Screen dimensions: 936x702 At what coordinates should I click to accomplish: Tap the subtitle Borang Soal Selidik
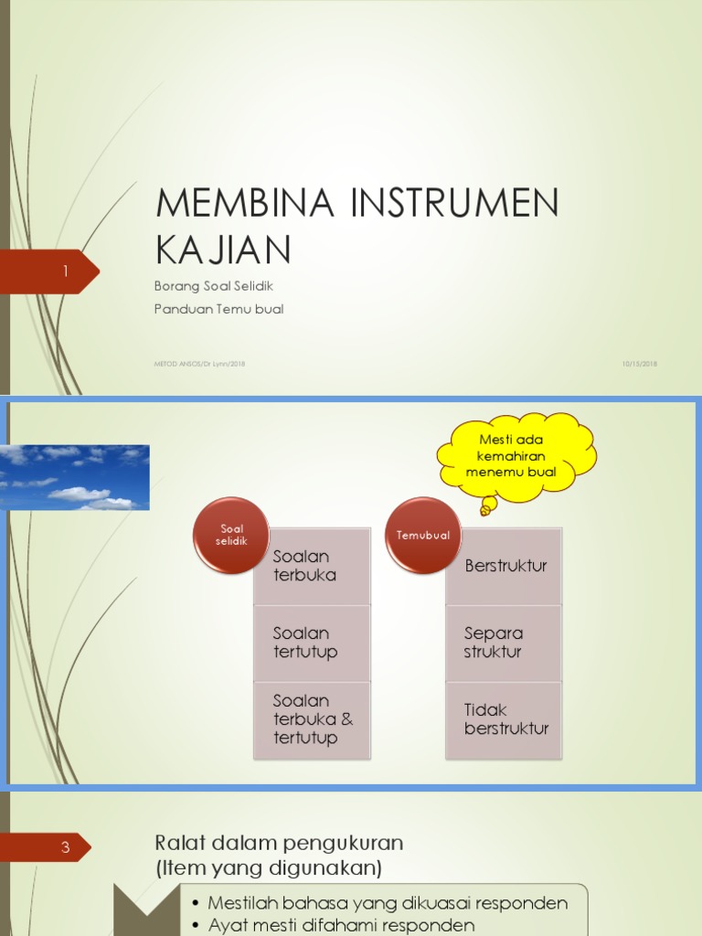click(214, 286)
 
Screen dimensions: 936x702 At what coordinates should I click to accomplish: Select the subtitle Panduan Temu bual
click(219, 309)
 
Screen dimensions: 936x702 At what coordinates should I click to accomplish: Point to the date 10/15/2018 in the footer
click(639, 364)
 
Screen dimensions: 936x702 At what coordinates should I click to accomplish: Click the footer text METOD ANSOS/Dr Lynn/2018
click(199, 364)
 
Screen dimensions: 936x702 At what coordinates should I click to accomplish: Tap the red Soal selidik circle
click(231, 536)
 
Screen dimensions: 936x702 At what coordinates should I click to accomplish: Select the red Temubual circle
click(423, 536)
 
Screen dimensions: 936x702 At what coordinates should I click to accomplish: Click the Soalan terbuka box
click(312, 567)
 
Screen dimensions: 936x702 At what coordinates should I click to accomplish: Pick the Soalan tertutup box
click(312, 643)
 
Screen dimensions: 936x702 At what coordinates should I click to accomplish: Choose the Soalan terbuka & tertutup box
click(312, 719)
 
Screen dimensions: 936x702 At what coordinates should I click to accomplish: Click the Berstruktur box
click(505, 566)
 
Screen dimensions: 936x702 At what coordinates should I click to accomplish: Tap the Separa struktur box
click(505, 643)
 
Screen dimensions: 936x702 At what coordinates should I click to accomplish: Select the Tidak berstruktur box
click(505, 719)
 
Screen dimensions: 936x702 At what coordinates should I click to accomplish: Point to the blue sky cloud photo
click(75, 477)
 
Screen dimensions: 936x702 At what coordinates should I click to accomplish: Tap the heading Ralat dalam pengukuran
click(279, 842)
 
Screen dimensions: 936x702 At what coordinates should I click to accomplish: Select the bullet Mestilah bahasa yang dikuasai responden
click(388, 903)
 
